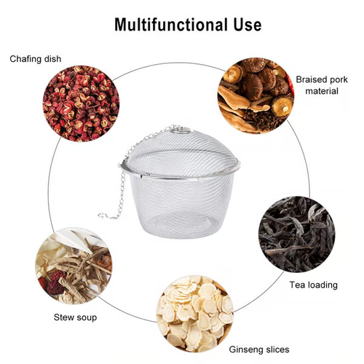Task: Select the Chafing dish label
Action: pyautogui.click(x=36, y=59)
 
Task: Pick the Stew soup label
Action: pyautogui.click(x=75, y=317)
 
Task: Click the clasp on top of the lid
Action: pyautogui.click(x=181, y=131)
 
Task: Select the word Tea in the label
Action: pyautogui.click(x=296, y=284)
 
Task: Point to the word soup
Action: pyautogui.click(x=86, y=317)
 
